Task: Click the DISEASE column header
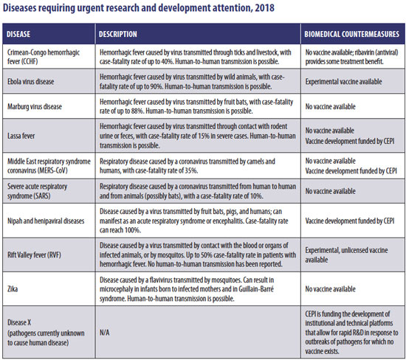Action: [18, 34]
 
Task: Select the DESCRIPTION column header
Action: [118, 34]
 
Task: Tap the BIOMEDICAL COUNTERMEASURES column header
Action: [351, 34]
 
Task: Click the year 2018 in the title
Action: [264, 7]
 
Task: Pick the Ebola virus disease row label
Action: [31, 82]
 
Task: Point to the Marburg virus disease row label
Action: [35, 106]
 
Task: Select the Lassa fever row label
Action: [21, 136]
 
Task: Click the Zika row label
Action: [13, 289]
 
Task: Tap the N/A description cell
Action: [105, 332]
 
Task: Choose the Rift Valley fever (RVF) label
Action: [34, 255]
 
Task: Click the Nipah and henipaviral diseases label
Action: [46, 221]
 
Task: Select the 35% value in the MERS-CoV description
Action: [191, 170]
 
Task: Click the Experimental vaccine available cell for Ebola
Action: [343, 82]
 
